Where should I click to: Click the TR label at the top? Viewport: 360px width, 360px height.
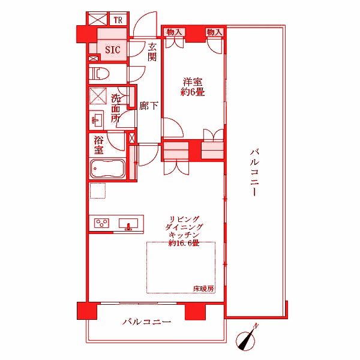click(x=118, y=20)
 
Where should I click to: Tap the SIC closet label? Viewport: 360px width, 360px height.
click(x=112, y=50)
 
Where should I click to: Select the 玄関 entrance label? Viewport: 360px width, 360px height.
click(x=152, y=52)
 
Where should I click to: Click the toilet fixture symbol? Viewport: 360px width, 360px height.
click(x=100, y=74)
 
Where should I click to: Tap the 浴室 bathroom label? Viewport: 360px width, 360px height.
click(x=100, y=145)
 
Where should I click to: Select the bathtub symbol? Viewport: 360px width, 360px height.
click(x=107, y=169)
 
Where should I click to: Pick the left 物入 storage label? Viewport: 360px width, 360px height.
click(x=174, y=32)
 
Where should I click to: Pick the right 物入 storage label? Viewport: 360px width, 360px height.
click(x=214, y=32)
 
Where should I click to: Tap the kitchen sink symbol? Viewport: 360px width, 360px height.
click(x=127, y=225)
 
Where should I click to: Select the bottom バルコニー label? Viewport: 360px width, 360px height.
click(x=147, y=323)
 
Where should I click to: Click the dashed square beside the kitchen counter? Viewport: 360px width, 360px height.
click(x=98, y=191)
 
